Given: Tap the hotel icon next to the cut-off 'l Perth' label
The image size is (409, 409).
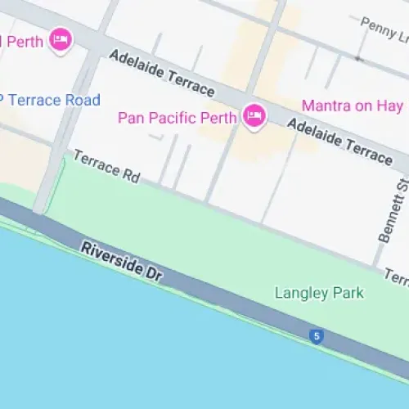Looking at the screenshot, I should [60, 38].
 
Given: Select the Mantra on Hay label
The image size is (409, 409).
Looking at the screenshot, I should [352, 105].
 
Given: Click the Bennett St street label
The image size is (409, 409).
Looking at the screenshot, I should [389, 214].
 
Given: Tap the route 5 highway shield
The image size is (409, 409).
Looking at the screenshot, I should [317, 335].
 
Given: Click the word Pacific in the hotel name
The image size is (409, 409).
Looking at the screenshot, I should [171, 117].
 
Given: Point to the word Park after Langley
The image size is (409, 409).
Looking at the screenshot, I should [346, 293].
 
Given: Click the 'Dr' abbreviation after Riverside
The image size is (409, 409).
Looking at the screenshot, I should [152, 276].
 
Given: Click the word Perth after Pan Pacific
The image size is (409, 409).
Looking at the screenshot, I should [218, 117].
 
